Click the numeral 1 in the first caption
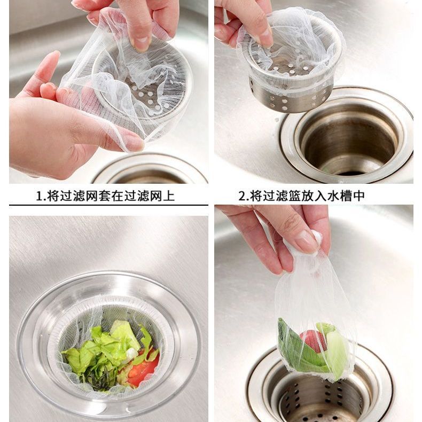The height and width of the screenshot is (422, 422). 40,196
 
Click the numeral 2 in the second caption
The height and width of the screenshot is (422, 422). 242,196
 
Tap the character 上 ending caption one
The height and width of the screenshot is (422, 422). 169,196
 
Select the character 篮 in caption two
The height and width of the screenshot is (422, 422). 295,196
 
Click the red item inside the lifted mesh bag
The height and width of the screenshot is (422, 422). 313,341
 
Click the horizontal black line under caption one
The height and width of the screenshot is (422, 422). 108,205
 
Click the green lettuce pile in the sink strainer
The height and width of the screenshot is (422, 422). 105,350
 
